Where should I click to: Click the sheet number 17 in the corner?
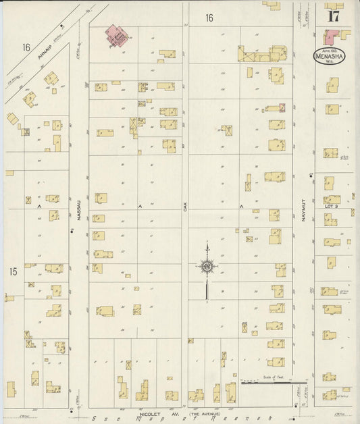coord(333,16)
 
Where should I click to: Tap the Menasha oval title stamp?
coord(330,56)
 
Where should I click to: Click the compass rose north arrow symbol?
coord(207,267)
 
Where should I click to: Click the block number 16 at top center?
coord(209,18)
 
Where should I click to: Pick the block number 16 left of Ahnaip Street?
coord(26,47)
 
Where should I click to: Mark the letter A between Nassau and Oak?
coord(140,205)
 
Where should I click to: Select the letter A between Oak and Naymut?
coord(241,205)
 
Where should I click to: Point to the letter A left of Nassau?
coord(40,205)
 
